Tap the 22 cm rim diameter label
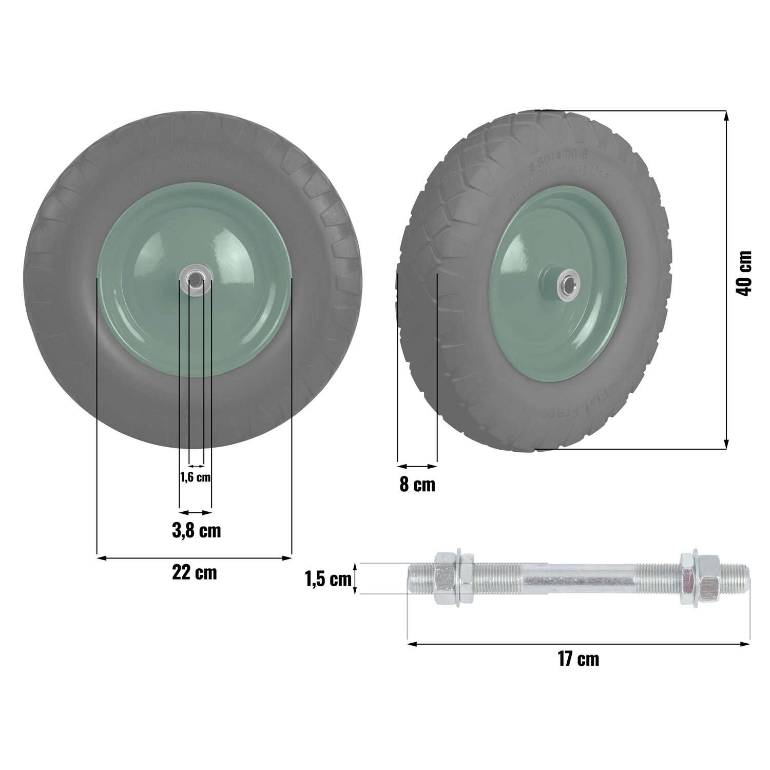(x=195, y=572)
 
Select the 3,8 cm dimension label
(x=196, y=530)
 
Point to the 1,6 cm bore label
(x=195, y=477)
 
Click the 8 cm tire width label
(x=417, y=484)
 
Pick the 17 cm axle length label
(x=579, y=659)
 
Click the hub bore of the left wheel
(x=195, y=280)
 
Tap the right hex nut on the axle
(x=705, y=579)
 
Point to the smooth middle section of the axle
(x=580, y=579)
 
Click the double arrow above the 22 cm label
(x=195, y=557)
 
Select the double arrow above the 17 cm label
(x=579, y=643)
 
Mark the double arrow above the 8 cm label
(x=417, y=467)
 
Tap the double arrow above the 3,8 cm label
(x=195, y=512)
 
